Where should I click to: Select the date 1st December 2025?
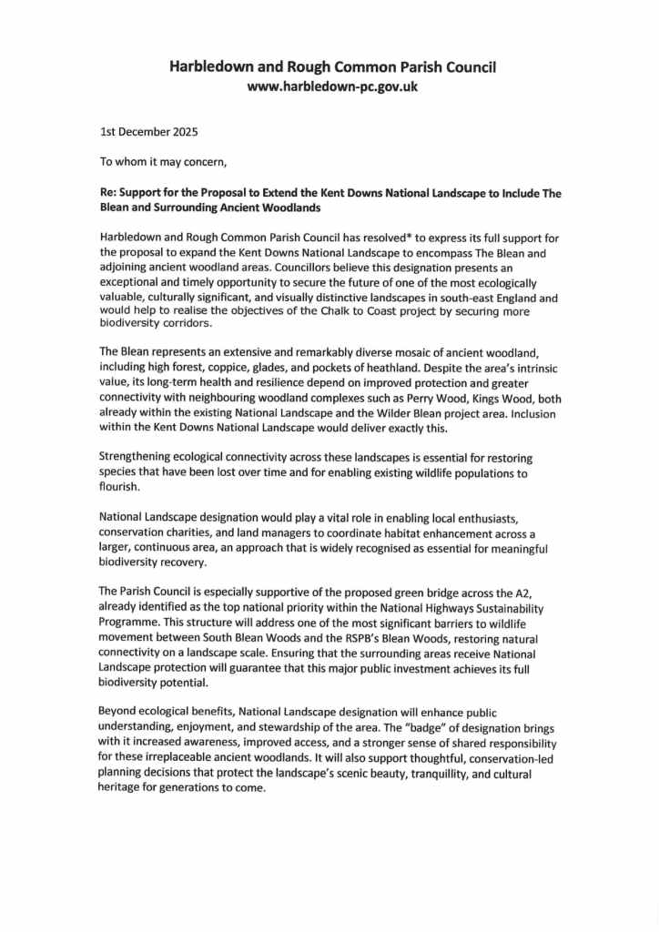click(147, 131)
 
